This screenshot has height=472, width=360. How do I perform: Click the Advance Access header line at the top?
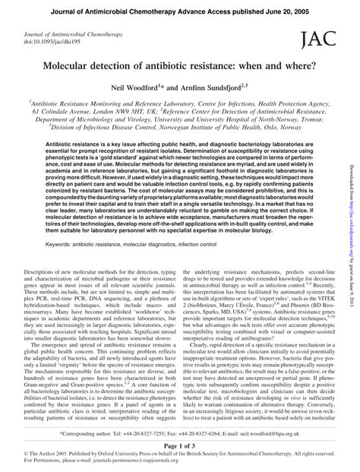point(179,8)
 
